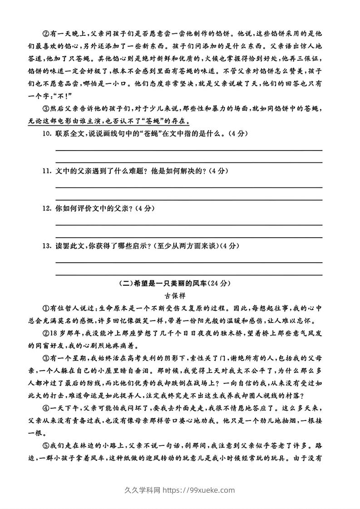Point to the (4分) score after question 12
tap(146, 209)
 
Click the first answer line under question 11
tap(189, 187)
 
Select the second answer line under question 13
tap(189, 274)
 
